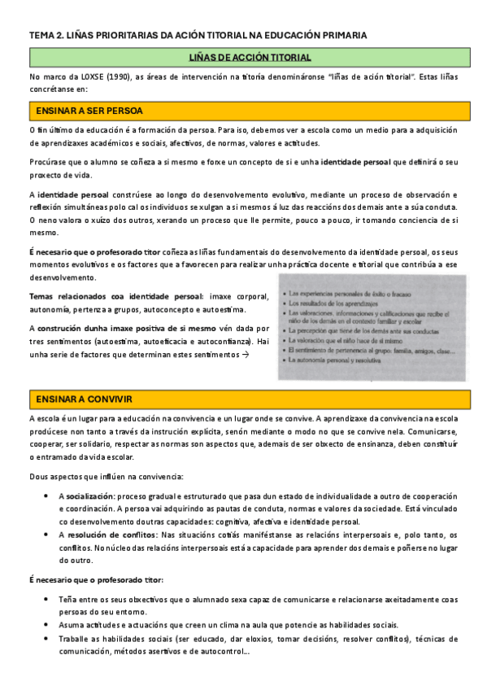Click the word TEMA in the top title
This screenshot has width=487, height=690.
tap(41, 35)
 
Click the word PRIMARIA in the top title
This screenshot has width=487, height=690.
tap(341, 35)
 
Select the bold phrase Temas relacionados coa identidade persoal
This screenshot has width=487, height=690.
tap(117, 297)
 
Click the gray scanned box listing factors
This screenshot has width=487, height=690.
tap(373, 326)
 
